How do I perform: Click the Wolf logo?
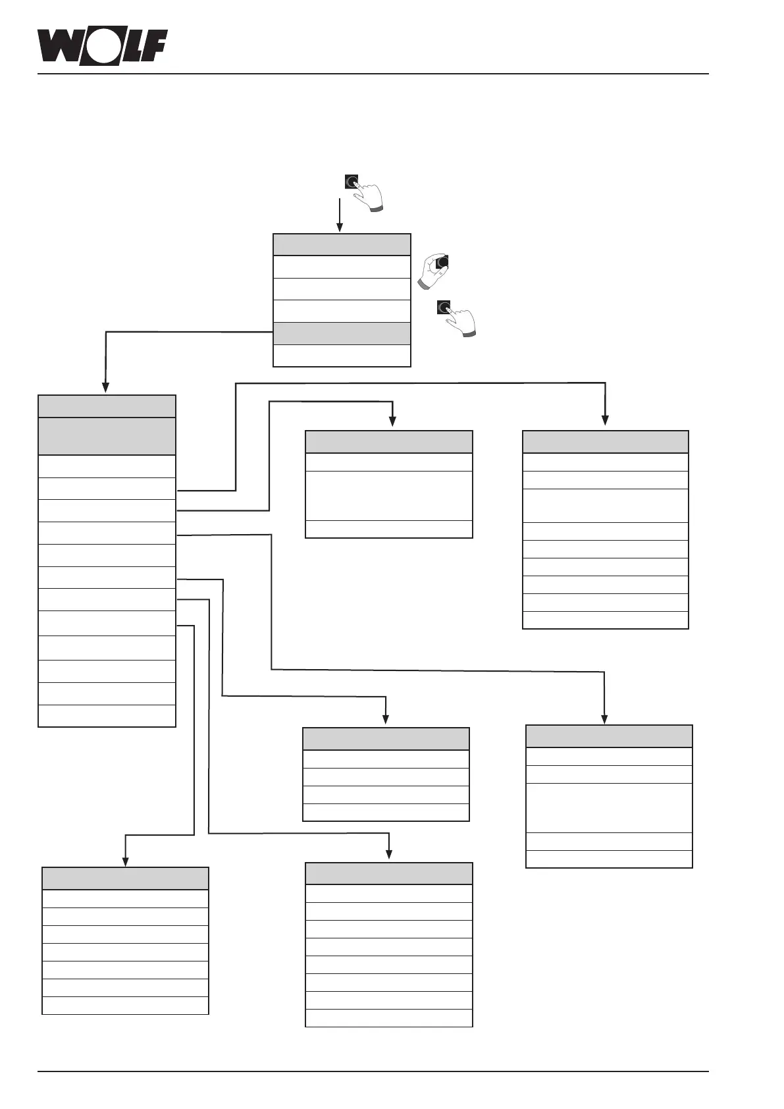click(102, 47)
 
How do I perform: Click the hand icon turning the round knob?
click(434, 269)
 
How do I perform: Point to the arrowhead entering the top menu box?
click(340, 228)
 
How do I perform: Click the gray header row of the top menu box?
click(342, 244)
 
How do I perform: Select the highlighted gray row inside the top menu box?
click(342, 333)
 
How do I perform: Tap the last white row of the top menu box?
click(342, 356)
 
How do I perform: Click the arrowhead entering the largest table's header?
click(105, 389)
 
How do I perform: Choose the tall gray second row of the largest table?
click(107, 436)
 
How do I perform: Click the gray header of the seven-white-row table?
click(125, 879)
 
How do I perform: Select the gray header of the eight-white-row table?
click(389, 873)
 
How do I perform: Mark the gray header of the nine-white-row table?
click(606, 441)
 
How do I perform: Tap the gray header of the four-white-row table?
click(386, 738)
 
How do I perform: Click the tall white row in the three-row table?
click(389, 496)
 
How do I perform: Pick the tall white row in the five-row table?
click(609, 808)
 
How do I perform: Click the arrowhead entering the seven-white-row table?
click(125, 861)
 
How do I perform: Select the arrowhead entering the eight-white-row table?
click(389, 854)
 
